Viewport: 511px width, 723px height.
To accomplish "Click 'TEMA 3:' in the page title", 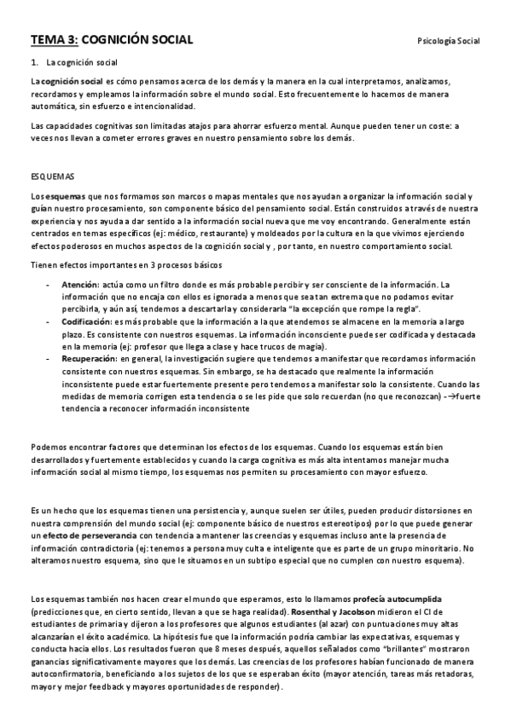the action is tap(55, 39).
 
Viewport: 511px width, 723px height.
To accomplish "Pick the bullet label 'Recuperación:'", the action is tap(88, 361).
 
